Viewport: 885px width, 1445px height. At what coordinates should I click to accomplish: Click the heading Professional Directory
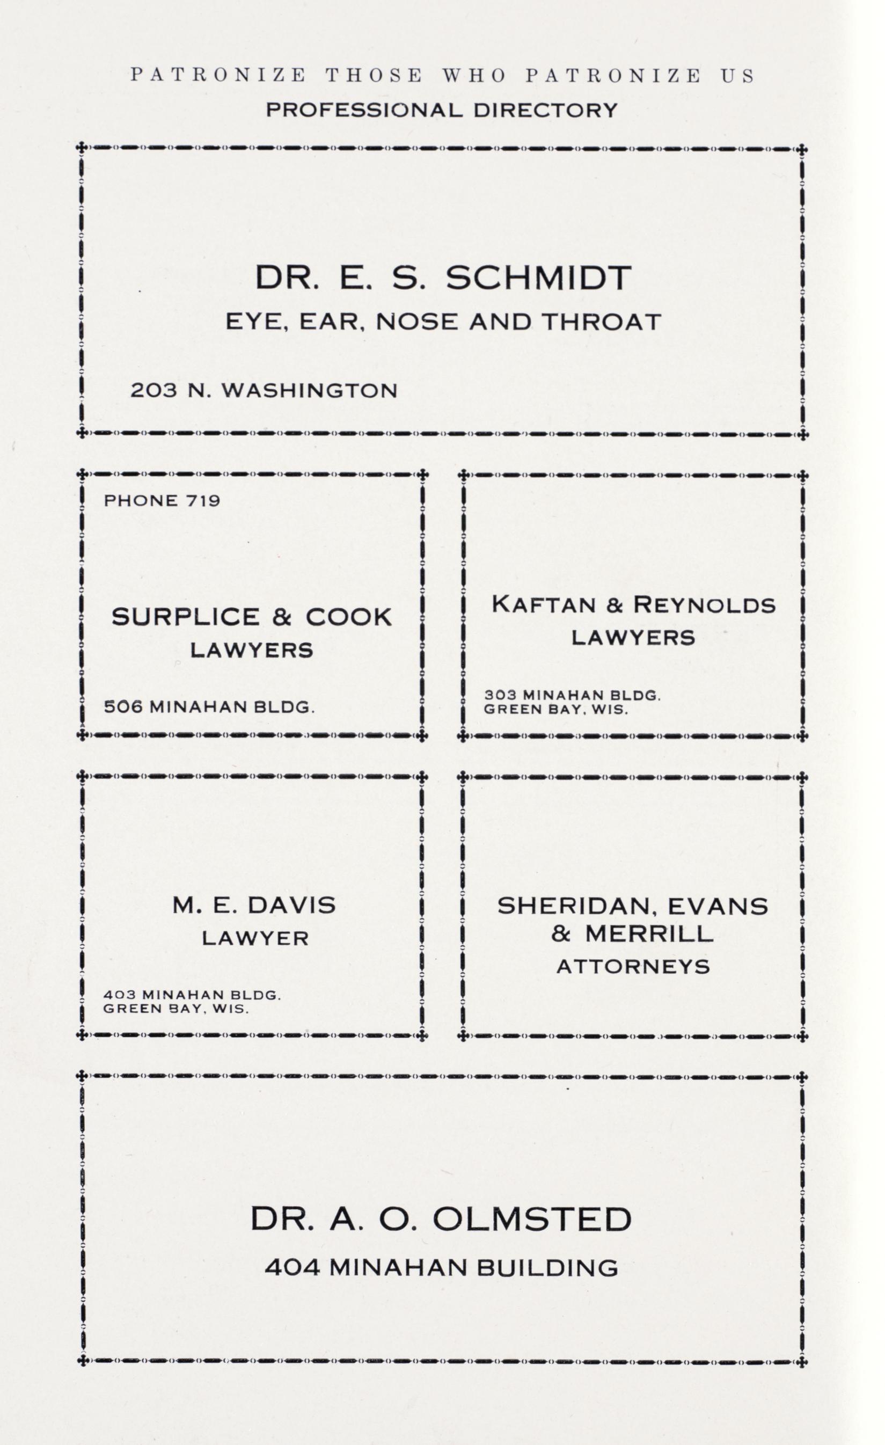pos(442,110)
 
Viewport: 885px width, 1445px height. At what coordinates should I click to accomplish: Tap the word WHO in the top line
pos(473,76)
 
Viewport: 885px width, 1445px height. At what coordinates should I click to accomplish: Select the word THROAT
pos(601,322)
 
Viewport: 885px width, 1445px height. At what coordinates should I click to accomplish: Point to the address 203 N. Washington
pos(264,391)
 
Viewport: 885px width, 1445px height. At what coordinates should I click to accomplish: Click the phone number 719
pos(203,500)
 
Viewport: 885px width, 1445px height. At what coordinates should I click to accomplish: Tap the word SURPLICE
pos(185,616)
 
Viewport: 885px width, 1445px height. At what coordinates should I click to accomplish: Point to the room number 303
pos(500,696)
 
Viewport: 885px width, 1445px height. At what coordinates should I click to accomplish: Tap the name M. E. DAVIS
pos(254,905)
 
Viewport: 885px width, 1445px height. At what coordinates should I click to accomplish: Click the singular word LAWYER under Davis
pos(255,938)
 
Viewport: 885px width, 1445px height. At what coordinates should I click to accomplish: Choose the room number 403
pos(120,995)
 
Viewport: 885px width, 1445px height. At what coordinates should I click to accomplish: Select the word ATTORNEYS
pos(633,966)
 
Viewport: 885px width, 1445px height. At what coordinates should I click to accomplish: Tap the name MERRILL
pos(649,933)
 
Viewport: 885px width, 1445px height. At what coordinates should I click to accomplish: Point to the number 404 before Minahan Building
pos(292,1268)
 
